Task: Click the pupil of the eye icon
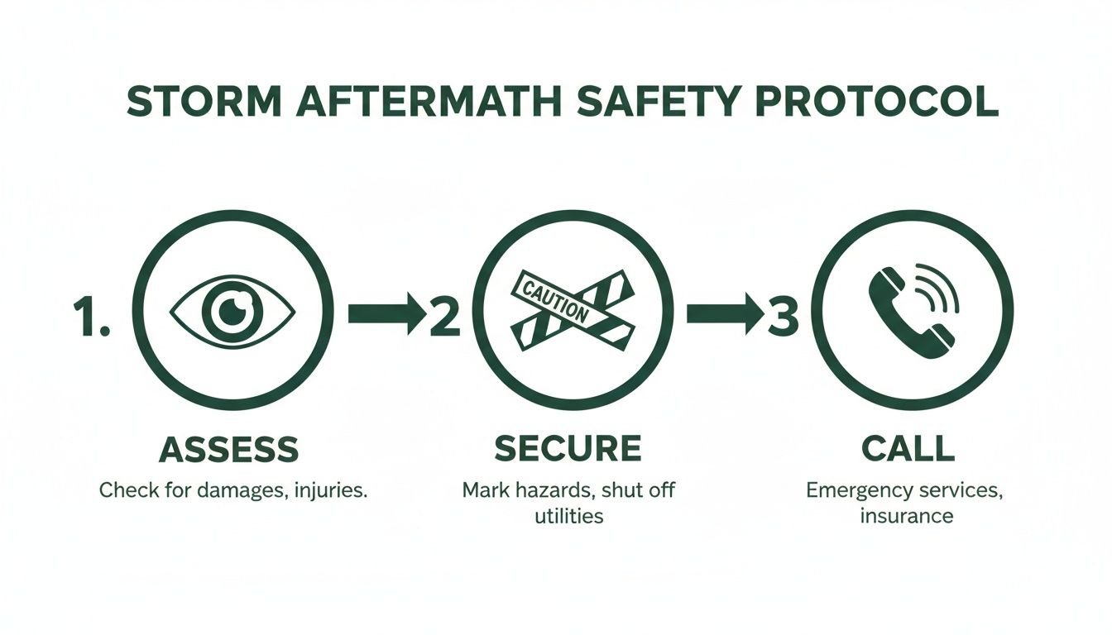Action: click(232, 312)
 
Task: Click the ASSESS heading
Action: click(228, 450)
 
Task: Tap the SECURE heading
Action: click(568, 448)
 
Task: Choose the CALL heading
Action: click(908, 448)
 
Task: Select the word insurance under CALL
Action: click(906, 517)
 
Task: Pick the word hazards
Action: click(553, 490)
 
